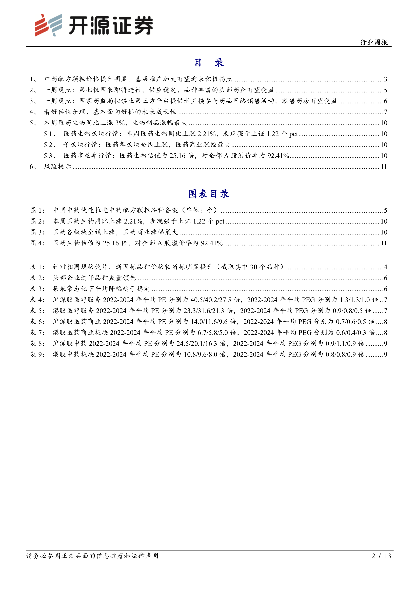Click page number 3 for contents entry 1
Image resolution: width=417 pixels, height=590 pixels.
[x=385, y=79]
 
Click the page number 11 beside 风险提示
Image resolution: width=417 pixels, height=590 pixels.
[x=384, y=167]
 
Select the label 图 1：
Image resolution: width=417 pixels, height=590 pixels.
[x=37, y=210]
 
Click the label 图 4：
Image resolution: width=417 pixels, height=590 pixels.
[x=37, y=243]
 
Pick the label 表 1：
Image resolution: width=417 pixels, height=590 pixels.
[x=37, y=267]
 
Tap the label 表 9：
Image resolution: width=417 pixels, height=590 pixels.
[x=37, y=354]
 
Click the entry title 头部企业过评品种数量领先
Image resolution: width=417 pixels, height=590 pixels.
[x=94, y=278]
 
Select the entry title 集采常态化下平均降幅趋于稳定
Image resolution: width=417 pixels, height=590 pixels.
[x=101, y=289]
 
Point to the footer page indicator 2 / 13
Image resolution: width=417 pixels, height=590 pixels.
[x=381, y=556]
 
